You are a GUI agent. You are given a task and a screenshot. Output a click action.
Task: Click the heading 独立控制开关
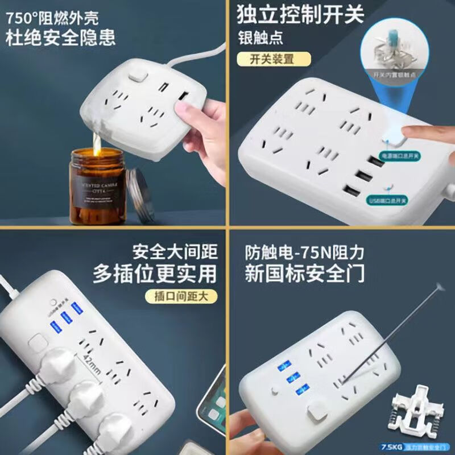[x=300, y=15]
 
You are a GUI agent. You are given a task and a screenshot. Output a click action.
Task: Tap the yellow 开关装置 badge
[x=274, y=59]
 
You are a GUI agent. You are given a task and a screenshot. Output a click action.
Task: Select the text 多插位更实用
[x=155, y=274]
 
